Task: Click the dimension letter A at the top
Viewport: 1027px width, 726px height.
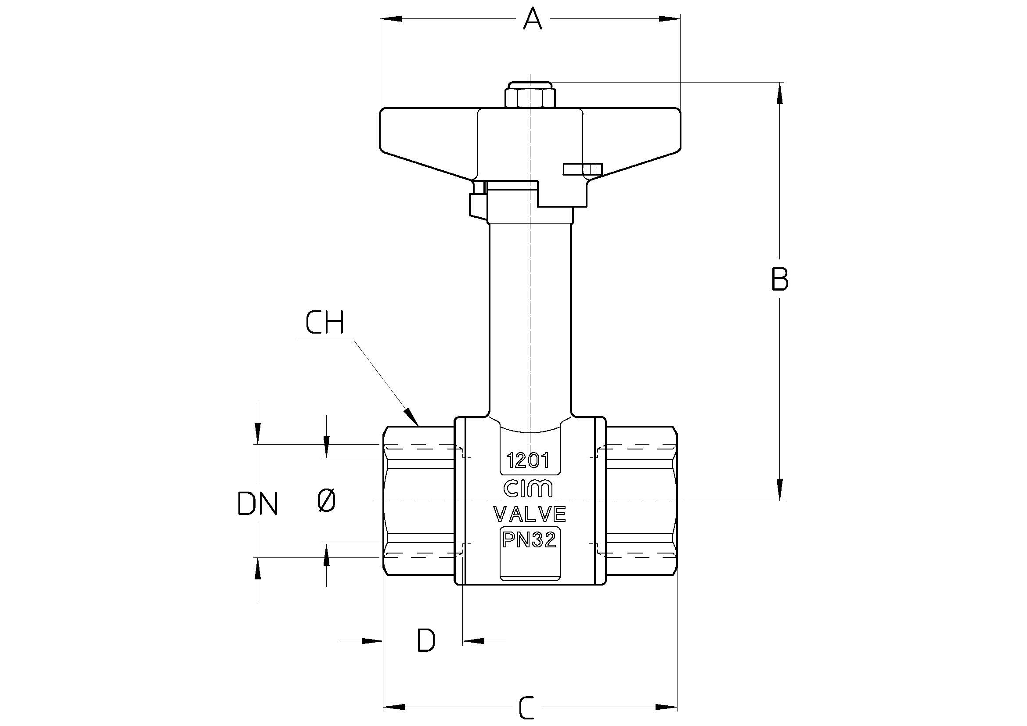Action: tap(532, 19)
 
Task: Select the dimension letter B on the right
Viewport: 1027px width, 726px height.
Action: tap(780, 280)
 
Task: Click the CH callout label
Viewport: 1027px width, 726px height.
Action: tap(325, 323)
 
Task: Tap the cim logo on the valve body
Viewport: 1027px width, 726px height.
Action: tap(529, 489)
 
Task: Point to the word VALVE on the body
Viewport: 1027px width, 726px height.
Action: tap(530, 514)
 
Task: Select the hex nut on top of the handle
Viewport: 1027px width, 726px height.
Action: tap(529, 95)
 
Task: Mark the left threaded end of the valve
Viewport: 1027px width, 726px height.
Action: tap(419, 501)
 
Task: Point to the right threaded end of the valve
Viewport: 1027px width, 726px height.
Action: tap(641, 501)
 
